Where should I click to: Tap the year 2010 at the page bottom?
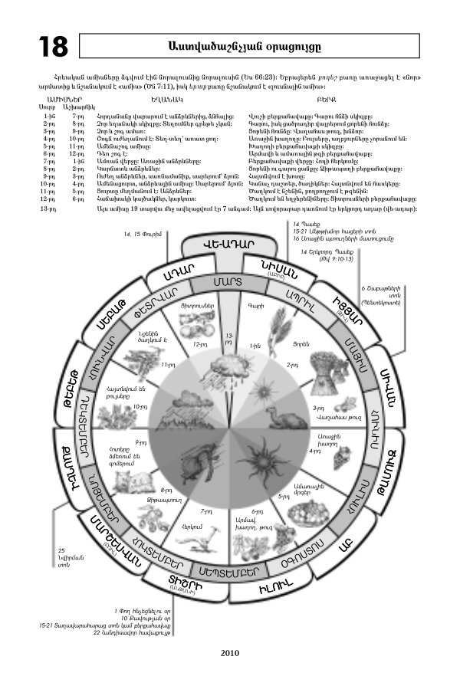click(230, 654)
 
